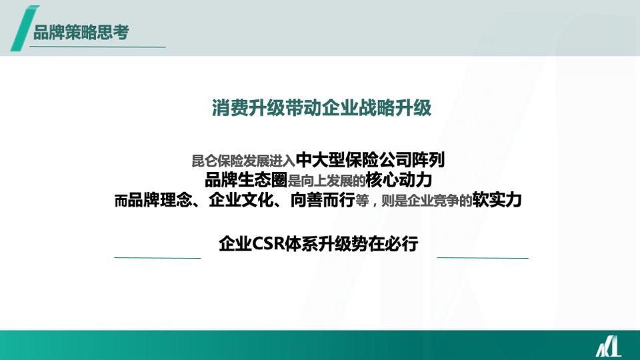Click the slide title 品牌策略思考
click(81, 32)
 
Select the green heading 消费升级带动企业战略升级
click(321, 108)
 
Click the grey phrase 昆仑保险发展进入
click(243, 161)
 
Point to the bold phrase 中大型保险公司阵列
click(370, 160)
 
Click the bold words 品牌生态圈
click(246, 180)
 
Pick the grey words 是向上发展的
click(327, 181)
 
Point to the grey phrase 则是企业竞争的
click(431, 201)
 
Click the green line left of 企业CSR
click(157, 257)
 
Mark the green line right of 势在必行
click(483, 257)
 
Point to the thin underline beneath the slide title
click(100, 47)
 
